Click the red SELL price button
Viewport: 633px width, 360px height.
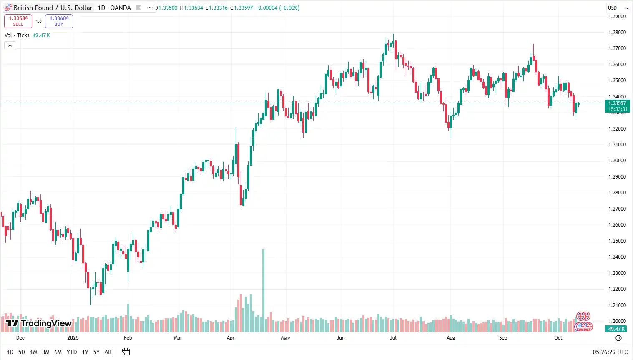click(x=18, y=21)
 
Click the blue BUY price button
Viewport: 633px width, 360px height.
click(x=59, y=21)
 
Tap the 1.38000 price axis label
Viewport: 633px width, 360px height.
click(x=617, y=33)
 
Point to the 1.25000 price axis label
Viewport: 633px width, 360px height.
click(x=617, y=241)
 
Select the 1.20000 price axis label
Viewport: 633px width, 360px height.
click(x=617, y=321)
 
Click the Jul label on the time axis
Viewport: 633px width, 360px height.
click(x=393, y=338)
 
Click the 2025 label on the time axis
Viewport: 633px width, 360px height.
click(x=73, y=338)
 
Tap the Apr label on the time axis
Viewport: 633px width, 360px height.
click(x=230, y=338)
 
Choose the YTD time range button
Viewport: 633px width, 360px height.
click(x=72, y=352)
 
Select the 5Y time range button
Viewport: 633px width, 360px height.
click(x=96, y=352)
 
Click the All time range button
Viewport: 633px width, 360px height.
click(x=108, y=352)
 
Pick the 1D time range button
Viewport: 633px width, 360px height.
click(x=10, y=352)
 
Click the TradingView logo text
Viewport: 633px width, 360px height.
click(x=46, y=323)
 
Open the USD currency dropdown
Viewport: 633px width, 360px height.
click(x=617, y=8)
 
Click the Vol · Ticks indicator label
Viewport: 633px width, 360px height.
click(x=17, y=35)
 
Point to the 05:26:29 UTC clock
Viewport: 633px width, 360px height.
click(x=610, y=352)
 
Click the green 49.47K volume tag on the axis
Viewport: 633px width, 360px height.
click(x=616, y=329)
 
